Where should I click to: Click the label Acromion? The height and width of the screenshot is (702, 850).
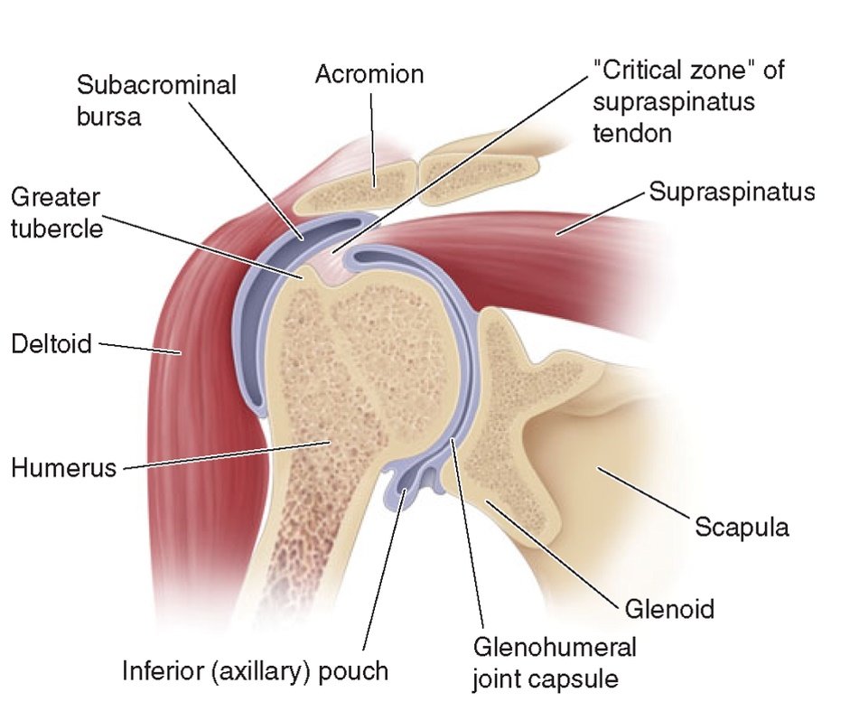coord(369,73)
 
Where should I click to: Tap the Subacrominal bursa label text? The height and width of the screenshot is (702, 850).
coord(156,100)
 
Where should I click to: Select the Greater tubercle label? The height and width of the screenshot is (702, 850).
coord(56,211)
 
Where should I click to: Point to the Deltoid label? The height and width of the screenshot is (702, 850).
coord(51,343)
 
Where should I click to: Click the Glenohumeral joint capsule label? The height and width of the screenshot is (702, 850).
coord(555,661)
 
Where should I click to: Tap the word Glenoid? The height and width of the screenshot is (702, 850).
coord(669,608)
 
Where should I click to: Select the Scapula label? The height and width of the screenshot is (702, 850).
coord(742,527)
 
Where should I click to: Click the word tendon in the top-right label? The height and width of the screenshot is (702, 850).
coord(632,133)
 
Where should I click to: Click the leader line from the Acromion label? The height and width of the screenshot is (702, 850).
coord(370,136)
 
